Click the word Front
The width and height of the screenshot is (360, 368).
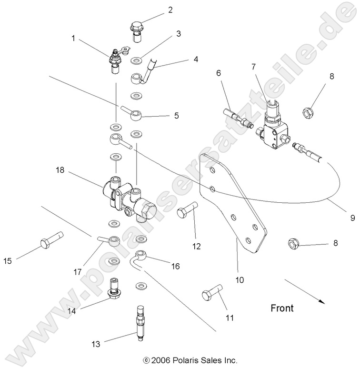click(x=282, y=308)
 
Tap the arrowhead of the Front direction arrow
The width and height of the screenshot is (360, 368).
click(x=323, y=301)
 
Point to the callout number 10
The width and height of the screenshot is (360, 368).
click(x=240, y=280)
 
